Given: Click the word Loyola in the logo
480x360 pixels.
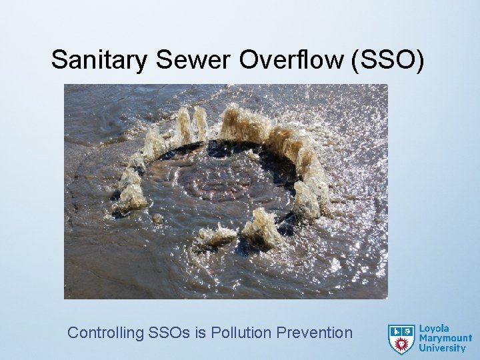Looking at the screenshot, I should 434,328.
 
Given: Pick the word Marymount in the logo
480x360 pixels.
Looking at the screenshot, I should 445,338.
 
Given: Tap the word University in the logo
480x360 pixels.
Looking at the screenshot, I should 442,348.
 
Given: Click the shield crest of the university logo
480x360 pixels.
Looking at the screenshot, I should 401,338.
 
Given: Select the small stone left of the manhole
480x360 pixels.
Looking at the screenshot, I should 157,218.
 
